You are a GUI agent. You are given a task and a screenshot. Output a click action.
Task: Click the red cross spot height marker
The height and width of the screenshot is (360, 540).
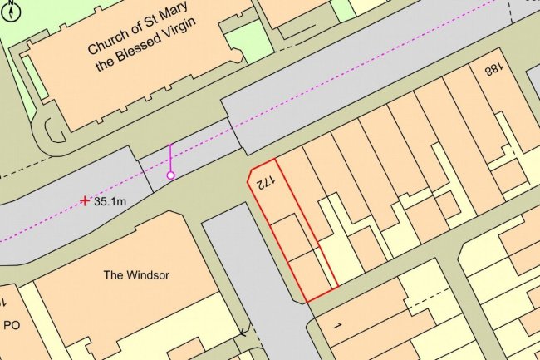tap(85, 200)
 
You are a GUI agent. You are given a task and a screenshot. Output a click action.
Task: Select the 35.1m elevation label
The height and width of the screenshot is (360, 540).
tap(110, 201)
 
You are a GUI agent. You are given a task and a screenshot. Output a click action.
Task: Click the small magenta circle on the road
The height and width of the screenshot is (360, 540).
tap(171, 175)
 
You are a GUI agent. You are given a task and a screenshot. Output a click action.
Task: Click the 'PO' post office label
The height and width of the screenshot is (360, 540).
tap(12, 325)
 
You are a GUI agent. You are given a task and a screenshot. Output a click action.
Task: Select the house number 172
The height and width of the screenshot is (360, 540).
tap(264, 181)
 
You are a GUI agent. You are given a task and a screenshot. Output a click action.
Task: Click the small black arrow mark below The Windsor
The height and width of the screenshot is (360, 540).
tap(243, 331)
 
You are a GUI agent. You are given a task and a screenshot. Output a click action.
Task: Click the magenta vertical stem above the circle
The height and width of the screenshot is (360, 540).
tap(170, 158)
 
